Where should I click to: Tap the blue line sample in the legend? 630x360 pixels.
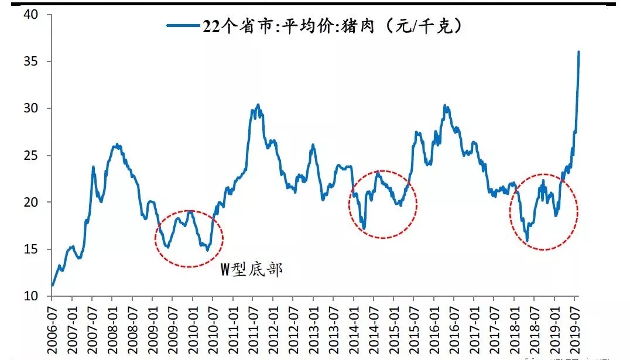click(x=183, y=26)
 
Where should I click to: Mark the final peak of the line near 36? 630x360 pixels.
click(x=578, y=52)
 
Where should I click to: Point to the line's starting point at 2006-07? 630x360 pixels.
click(x=53, y=286)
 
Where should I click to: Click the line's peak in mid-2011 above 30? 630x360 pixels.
click(x=258, y=105)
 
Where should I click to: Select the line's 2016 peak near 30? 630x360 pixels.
click(x=445, y=106)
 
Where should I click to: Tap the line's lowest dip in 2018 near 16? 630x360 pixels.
click(x=527, y=241)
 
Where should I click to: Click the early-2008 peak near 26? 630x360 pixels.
click(x=117, y=144)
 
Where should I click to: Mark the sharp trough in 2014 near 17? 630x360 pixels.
click(x=364, y=228)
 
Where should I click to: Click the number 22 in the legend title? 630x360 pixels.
click(x=211, y=26)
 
